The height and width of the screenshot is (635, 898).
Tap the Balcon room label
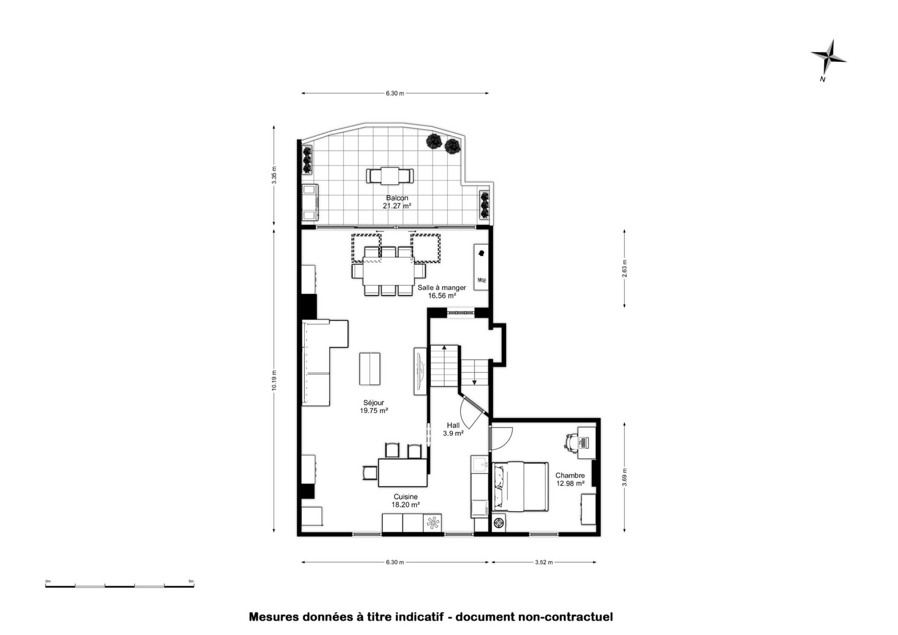coord(397,198)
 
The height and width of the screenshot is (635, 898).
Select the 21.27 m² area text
coord(397,206)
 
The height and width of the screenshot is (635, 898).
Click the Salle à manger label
coord(442,288)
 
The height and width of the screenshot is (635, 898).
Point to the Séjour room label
coord(374,403)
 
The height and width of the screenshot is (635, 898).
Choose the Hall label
coord(453,425)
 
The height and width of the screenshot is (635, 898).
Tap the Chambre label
coord(570,475)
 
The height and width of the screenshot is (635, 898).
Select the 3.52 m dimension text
coord(544,562)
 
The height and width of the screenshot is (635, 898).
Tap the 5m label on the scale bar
coord(191,581)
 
